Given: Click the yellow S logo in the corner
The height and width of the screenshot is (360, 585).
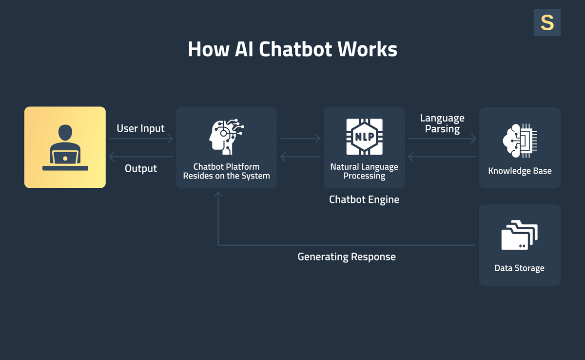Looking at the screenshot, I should (x=547, y=22).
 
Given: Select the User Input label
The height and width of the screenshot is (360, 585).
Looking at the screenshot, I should (x=140, y=128).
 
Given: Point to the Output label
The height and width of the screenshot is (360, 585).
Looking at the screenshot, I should (x=141, y=168).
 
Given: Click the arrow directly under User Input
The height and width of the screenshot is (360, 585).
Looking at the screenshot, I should (x=140, y=139).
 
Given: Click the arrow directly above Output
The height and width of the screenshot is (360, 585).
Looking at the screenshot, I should (x=140, y=157).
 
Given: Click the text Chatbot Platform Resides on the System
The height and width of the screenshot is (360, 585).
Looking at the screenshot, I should (x=226, y=171).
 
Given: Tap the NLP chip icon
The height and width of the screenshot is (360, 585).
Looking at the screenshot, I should (x=364, y=137).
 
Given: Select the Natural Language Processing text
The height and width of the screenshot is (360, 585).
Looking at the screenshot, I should (x=364, y=171).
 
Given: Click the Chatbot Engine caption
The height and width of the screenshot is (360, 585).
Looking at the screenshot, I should (x=364, y=200).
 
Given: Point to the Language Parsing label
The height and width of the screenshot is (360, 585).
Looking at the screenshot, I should (x=442, y=123).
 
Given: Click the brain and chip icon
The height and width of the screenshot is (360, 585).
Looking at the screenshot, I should (x=520, y=141).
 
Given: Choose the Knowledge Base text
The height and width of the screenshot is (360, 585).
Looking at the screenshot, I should (x=520, y=171).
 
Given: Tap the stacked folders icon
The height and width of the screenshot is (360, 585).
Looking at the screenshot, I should (x=520, y=236).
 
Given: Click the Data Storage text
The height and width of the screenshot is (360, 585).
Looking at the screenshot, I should (x=520, y=268).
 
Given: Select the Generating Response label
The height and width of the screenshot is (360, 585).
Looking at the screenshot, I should (x=347, y=257).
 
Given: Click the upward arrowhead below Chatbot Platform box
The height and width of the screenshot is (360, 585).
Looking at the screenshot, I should (x=218, y=195).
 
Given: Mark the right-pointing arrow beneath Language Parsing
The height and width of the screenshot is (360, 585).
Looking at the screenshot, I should (x=442, y=139).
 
